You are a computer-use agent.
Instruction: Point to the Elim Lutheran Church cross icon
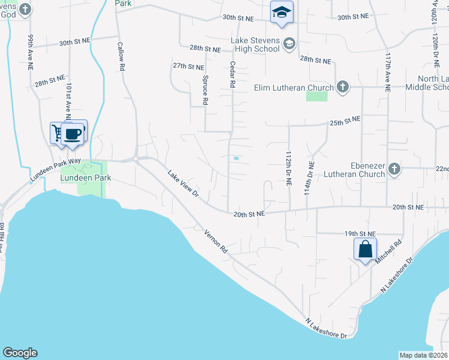pos(342,88)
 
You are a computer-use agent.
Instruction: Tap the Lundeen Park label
pos(85,179)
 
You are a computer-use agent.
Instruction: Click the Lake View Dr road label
pos(182,182)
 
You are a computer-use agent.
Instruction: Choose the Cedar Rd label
pos(231,74)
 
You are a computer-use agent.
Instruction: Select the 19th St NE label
pos(360,233)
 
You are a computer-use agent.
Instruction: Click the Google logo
pos(20,353)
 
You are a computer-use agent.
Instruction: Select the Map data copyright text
pos(424,355)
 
